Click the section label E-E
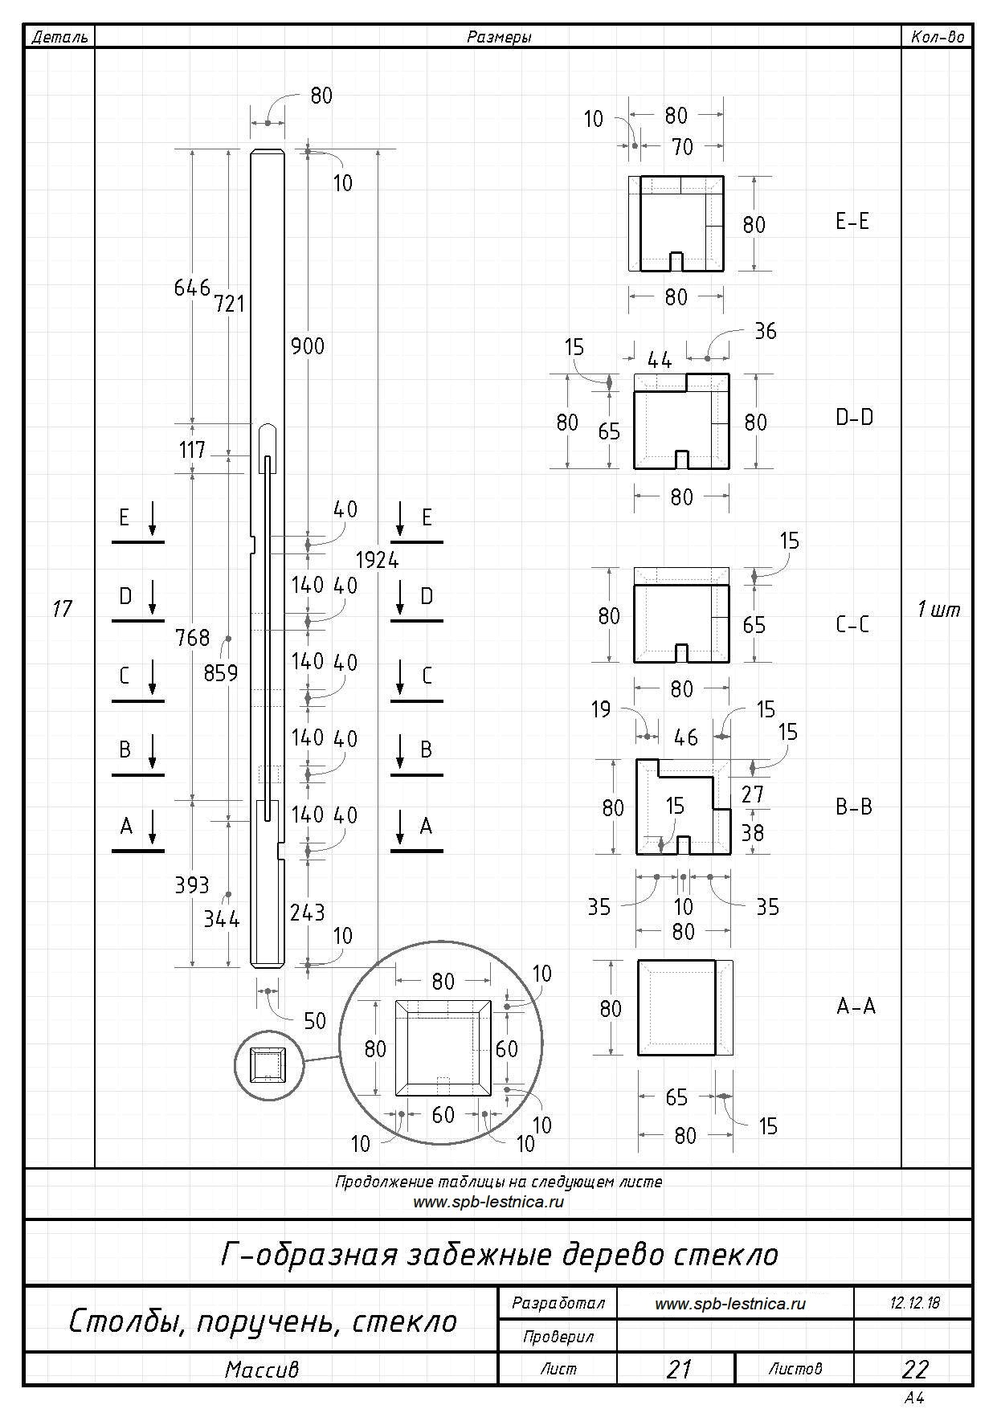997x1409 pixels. pos(852,222)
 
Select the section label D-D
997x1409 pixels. pos(854,418)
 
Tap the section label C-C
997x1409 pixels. pos(852,624)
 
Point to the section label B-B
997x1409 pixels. pos(854,807)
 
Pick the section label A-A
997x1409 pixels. pos(856,1006)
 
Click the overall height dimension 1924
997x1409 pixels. pos(378,560)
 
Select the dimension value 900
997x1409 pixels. pos(308,346)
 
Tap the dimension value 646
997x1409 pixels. pos(192,288)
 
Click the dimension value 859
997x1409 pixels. pos(221,672)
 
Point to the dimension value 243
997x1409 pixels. pos(308,913)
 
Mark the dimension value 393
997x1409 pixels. pos(192,885)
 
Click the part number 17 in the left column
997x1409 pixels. pos(62,609)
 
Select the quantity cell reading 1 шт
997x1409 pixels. pos(938,610)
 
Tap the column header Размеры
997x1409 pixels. pos(499,37)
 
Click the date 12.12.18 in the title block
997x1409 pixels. pos(914,1302)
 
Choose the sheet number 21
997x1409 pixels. pos(679,1369)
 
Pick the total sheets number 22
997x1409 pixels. pos(915,1369)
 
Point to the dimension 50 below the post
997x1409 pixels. pos(315,1020)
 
